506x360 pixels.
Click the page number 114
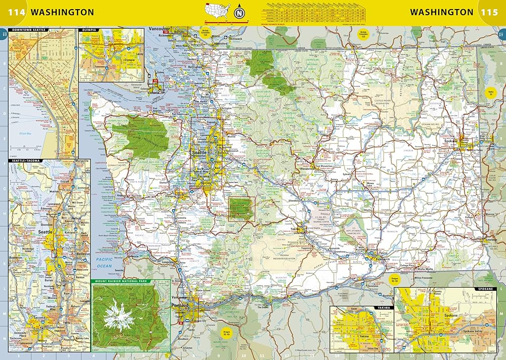click(x=16, y=12)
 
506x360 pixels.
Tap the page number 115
click(x=490, y=12)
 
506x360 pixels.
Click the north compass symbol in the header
click(x=239, y=11)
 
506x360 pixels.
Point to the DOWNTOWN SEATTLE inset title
click(x=30, y=30)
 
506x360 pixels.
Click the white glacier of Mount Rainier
click(x=118, y=315)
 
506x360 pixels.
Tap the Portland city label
click(x=180, y=306)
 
